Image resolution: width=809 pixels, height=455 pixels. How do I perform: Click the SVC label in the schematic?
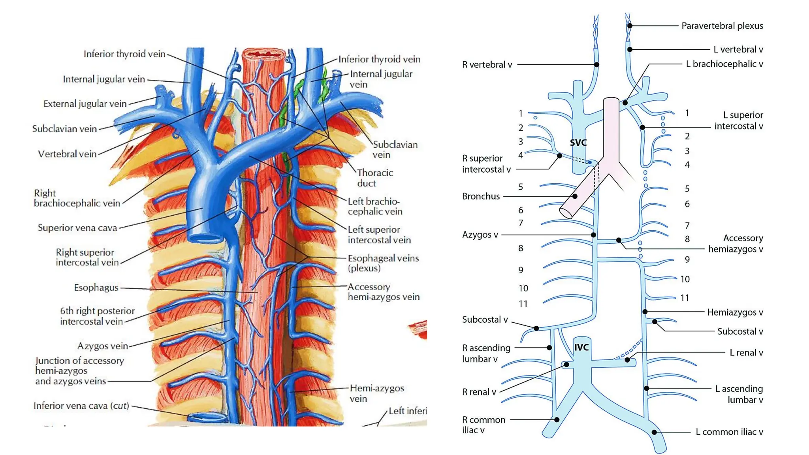click(x=578, y=143)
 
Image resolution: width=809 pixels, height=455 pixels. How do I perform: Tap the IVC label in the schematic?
click(x=581, y=347)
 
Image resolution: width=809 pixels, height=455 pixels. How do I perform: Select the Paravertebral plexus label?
click(x=722, y=26)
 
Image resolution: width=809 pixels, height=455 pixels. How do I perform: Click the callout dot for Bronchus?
click(x=575, y=196)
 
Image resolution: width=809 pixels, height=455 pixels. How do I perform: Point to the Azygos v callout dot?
click(x=593, y=235)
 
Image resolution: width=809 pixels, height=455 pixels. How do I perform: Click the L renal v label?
click(x=746, y=352)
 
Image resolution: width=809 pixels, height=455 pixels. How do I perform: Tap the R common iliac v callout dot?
click(x=557, y=419)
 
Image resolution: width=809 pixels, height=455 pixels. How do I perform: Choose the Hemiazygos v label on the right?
click(x=735, y=312)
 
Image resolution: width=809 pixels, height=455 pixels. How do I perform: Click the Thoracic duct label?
click(x=375, y=178)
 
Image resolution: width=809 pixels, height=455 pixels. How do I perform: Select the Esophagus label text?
click(x=96, y=288)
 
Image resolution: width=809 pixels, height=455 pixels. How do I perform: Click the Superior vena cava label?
click(x=77, y=228)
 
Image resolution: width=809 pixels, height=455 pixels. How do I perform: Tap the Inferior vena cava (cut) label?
click(x=81, y=406)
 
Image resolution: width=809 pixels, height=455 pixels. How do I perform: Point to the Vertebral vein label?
click(x=67, y=154)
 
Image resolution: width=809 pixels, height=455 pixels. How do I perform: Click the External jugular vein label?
click(x=85, y=104)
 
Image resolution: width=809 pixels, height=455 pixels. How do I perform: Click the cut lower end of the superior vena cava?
click(x=205, y=238)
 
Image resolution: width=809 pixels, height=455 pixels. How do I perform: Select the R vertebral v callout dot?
click(x=596, y=64)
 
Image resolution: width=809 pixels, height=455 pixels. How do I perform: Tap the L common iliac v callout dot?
click(x=654, y=432)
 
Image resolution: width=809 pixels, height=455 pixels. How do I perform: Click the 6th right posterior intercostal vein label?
click(x=97, y=316)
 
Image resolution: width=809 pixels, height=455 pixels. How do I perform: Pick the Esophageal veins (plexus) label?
click(x=383, y=263)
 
